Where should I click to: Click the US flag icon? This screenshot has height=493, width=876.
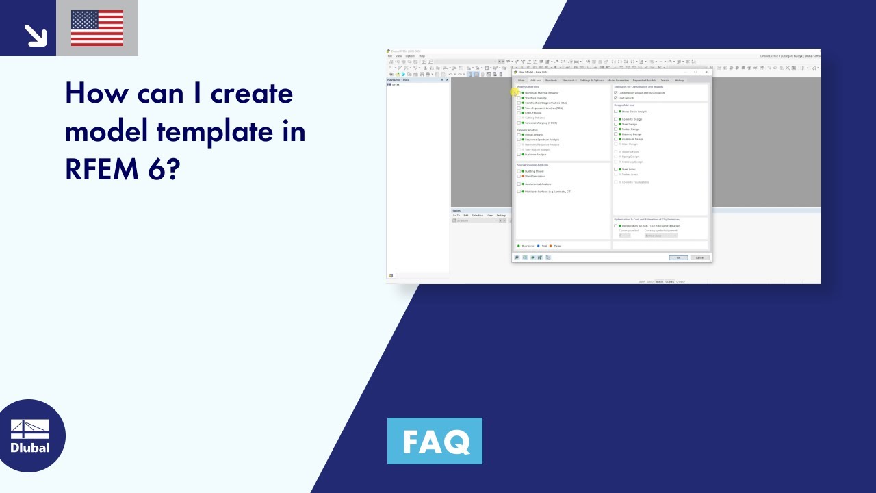97,28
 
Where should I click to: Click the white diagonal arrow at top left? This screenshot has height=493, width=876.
34,35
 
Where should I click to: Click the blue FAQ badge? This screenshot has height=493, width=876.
435,441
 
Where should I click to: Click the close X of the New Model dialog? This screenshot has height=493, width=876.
706,72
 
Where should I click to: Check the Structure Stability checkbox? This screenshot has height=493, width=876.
519,98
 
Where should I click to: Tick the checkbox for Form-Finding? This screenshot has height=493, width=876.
519,112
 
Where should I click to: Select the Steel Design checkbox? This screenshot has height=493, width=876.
616,124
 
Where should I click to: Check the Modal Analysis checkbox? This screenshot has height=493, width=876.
519,135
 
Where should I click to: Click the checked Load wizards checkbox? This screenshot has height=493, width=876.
616,98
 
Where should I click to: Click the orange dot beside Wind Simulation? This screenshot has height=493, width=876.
523,177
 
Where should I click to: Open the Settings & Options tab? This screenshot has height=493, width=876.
592,80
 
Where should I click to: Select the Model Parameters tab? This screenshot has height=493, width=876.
618,80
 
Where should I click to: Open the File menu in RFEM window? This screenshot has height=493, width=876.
390,56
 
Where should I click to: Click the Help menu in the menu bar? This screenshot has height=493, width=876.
422,56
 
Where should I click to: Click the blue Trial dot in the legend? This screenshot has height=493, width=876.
538,246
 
